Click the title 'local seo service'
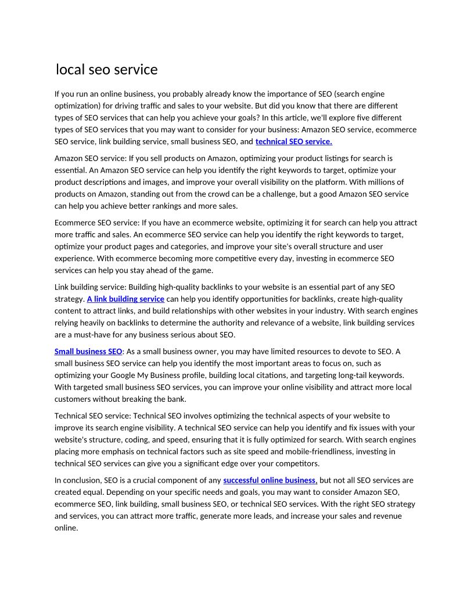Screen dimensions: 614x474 [x=107, y=70]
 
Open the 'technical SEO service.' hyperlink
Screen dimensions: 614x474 [x=293, y=141]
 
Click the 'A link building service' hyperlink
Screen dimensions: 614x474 [x=125, y=299]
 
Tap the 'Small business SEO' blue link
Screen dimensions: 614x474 [x=88, y=351]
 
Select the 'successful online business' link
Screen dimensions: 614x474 [x=270, y=480]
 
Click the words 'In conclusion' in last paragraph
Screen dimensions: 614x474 [x=77, y=480]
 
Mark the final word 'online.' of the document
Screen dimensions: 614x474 [x=66, y=528]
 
